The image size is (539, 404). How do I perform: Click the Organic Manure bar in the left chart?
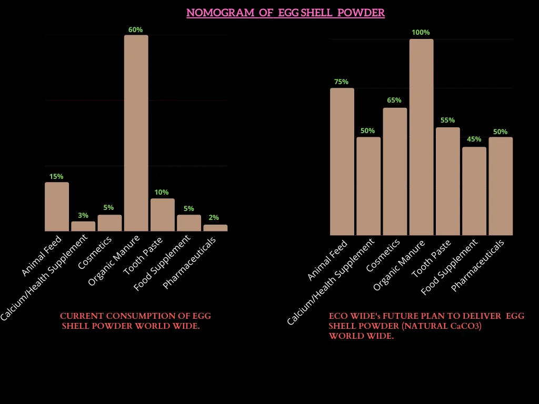136,133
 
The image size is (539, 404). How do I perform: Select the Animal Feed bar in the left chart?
57,207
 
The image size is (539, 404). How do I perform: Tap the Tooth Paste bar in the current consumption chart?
162,215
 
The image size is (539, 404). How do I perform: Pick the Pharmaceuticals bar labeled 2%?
215,228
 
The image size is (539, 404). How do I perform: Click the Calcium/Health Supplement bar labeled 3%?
83,226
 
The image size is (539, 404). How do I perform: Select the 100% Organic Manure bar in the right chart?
421,137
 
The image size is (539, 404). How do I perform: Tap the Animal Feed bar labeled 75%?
342,161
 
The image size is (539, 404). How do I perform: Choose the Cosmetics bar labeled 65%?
395,171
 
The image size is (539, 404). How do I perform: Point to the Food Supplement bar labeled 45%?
474,191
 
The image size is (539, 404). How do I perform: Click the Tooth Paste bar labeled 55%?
447,181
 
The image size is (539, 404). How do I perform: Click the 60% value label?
136,30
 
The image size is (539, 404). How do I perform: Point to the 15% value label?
56,177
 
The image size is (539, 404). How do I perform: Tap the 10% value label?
162,193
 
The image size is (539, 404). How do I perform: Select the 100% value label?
421,33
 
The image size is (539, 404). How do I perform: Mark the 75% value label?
342,82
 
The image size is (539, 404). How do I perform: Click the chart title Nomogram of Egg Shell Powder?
285,13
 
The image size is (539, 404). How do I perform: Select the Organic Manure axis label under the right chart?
400,265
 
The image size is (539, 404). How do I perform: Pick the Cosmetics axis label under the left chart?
95,252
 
